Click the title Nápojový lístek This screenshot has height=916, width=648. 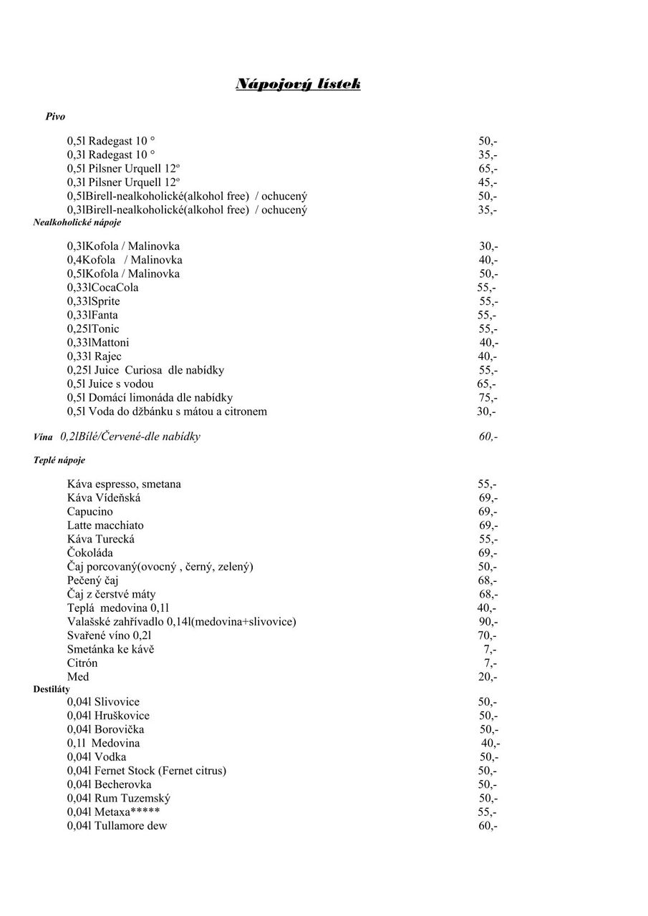[x=298, y=85]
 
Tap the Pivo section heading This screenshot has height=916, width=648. [x=55, y=117]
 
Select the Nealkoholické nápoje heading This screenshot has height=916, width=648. [x=77, y=223]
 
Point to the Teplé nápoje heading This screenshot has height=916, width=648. [x=59, y=461]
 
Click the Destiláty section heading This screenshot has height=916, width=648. [x=52, y=689]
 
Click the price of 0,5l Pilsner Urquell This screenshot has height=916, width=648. [x=488, y=169]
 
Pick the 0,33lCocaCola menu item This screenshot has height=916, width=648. [x=103, y=288]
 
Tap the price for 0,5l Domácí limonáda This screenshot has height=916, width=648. [x=488, y=398]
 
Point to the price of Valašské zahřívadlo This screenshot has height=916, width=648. [x=488, y=622]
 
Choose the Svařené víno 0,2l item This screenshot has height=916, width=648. [x=110, y=635]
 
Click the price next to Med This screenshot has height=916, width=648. [x=487, y=677]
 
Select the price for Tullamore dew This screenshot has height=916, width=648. [x=488, y=826]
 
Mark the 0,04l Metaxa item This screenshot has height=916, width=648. [x=113, y=812]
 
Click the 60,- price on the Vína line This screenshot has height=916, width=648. [x=488, y=437]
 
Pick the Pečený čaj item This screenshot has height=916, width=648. [x=93, y=580]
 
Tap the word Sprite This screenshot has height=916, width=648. [x=105, y=301]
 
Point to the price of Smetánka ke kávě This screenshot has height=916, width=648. [x=490, y=649]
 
